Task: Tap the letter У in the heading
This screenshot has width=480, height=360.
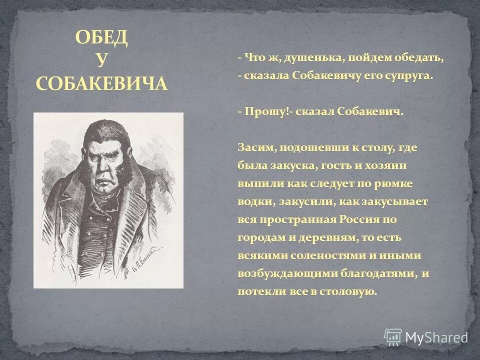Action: pos(101,60)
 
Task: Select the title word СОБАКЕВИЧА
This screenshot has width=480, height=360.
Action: pos(101,83)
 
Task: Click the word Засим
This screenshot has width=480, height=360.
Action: pos(255,147)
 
